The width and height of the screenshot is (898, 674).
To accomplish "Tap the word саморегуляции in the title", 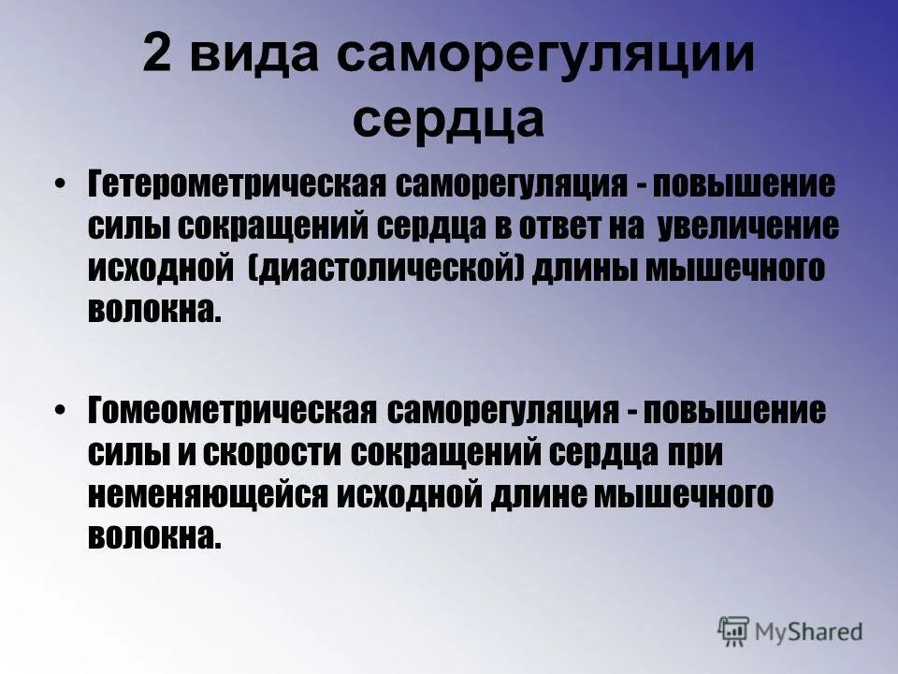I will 546,58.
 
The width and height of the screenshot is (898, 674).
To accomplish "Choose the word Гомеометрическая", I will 234,410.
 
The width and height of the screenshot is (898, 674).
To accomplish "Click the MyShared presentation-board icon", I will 734,629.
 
